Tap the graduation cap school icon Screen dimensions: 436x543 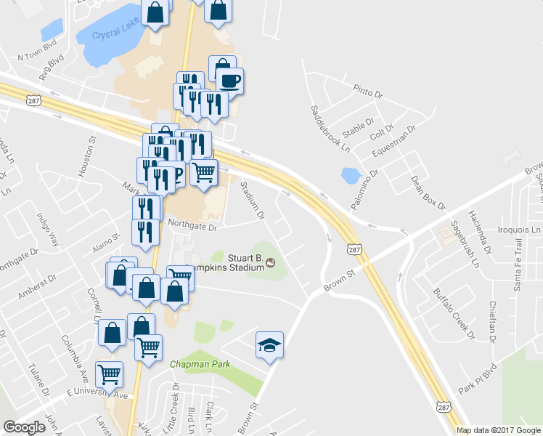point(269,344)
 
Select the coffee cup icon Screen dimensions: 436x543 point(229,80)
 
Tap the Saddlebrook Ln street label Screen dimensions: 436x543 point(330,129)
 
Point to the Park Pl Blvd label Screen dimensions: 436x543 point(476,380)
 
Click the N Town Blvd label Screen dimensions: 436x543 point(37,54)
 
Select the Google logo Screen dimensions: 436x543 point(25,427)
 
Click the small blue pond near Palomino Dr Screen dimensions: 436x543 point(351,175)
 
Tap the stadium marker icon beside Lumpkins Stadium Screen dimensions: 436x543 point(271,262)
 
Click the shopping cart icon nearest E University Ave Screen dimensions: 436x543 point(110,374)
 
